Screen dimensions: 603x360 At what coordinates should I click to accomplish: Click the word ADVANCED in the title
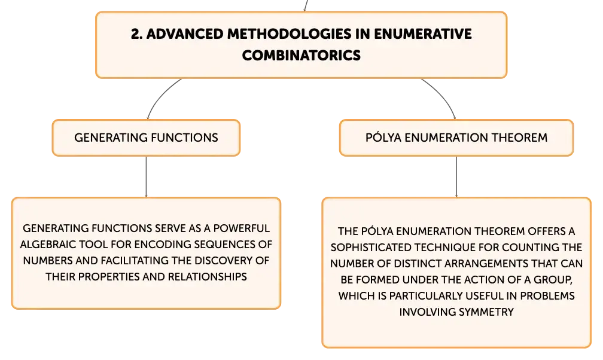click(x=185, y=34)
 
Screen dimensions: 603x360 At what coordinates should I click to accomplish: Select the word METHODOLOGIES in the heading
click(x=289, y=34)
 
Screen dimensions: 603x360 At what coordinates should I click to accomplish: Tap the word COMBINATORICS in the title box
click(x=301, y=56)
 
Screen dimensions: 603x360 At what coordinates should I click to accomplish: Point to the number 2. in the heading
click(x=136, y=34)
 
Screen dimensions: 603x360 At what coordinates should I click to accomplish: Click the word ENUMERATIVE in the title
click(x=422, y=34)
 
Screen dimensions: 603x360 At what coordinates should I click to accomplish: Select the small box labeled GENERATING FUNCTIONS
click(x=146, y=138)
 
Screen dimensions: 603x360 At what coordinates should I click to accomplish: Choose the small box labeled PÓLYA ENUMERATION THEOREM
click(x=456, y=138)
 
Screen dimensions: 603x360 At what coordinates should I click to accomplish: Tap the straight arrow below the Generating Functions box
click(x=146, y=176)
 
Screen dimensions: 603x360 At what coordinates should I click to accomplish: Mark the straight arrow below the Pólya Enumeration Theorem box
click(x=456, y=176)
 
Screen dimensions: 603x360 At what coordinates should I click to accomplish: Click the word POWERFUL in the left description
click(x=242, y=228)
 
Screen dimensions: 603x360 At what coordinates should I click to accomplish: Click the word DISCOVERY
click(x=223, y=260)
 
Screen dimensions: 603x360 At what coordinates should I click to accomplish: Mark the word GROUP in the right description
click(x=553, y=280)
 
